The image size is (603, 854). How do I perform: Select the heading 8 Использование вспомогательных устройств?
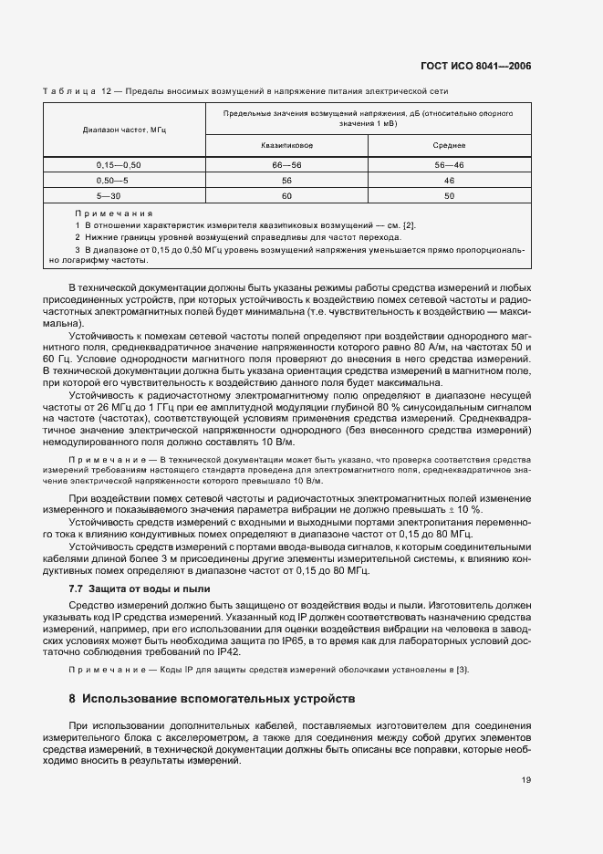(x=215, y=700)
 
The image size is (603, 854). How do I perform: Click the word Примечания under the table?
(x=114, y=212)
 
